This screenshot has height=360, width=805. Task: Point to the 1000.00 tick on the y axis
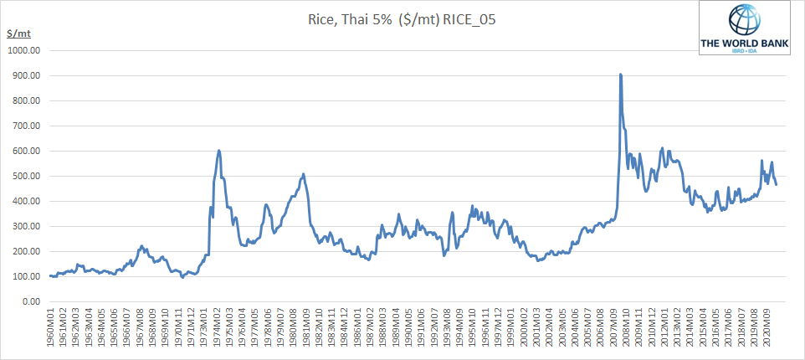[23, 50]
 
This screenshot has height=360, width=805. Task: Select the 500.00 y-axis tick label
[26, 176]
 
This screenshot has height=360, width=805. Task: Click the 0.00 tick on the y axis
[33, 301]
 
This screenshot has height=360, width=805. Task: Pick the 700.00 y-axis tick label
[26, 126]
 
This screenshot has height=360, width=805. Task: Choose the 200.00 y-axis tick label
[26, 251]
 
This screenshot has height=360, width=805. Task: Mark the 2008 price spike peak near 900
[620, 75]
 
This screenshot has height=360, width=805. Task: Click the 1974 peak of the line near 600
[218, 151]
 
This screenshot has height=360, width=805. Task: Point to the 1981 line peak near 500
[303, 174]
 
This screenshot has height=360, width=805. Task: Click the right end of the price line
[776, 184]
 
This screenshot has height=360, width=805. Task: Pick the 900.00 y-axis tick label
[26, 75]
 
